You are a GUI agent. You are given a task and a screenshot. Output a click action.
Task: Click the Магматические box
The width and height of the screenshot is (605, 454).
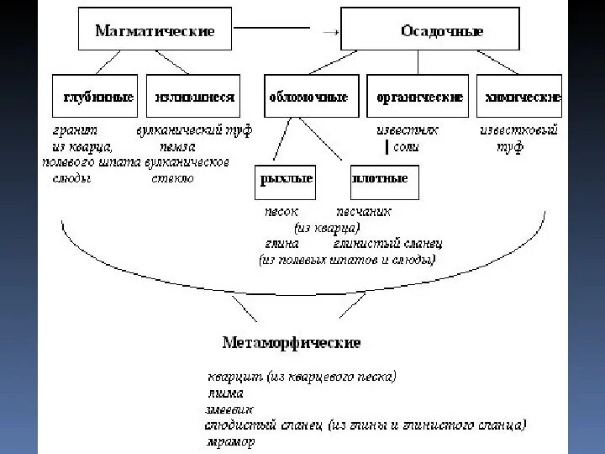coord(155,31)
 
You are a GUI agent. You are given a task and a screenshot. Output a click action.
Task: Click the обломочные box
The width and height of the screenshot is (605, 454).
coord(309,97)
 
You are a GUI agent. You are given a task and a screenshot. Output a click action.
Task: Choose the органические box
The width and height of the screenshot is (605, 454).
coord(420,97)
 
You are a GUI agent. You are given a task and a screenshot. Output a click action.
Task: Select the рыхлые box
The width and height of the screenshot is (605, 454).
coord(283,179)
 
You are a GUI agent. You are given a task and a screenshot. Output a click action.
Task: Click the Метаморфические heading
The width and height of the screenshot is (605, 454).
coord(292,343)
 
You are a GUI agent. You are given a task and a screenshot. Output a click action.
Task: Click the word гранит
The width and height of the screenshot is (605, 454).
coord(75,131)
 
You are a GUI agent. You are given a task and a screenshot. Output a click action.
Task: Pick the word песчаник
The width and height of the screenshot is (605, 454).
coord(363,212)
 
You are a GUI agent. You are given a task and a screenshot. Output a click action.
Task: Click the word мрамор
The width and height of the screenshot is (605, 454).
coord(230,441)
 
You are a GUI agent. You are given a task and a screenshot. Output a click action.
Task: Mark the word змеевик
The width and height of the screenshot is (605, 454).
coord(229,409)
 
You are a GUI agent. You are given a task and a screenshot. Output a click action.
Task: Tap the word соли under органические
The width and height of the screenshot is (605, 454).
coord(406,147)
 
